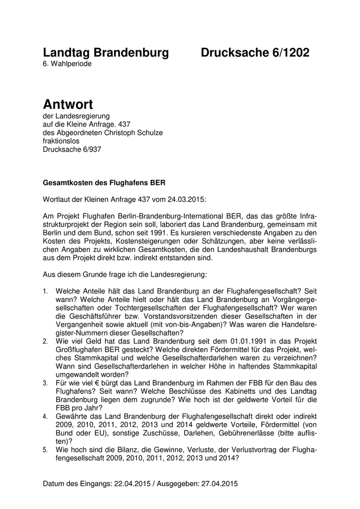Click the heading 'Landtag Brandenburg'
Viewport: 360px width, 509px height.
(105, 52)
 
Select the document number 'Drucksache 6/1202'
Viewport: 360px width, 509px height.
(255, 52)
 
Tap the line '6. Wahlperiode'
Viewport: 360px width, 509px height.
(68, 64)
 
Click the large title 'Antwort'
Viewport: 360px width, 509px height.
(68, 104)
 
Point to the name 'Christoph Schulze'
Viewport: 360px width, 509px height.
(132, 133)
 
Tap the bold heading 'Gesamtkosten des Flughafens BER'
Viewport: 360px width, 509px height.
(104, 182)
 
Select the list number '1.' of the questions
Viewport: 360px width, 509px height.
(46, 291)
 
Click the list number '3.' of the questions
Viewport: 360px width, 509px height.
(46, 383)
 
